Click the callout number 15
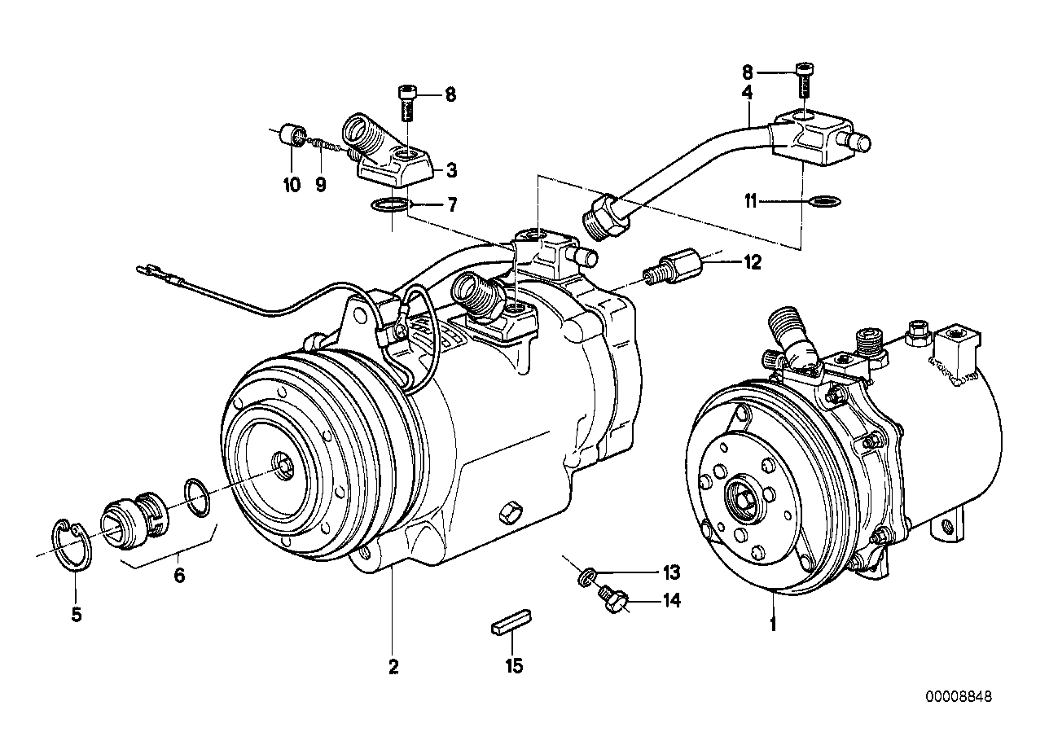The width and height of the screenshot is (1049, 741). click(513, 666)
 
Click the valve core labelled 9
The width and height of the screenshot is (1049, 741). click(325, 146)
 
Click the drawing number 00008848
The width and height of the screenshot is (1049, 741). click(958, 697)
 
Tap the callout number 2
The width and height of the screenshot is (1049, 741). click(393, 667)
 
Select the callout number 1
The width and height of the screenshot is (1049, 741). click(773, 625)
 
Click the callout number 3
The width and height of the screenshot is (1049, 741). click(451, 171)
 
